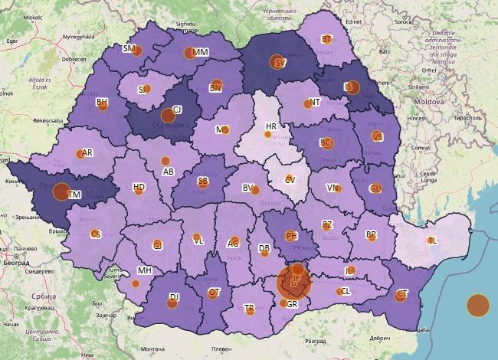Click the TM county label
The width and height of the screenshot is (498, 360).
(75, 195)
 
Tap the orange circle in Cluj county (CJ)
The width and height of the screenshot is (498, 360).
(168, 116)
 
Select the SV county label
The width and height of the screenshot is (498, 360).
(280, 63)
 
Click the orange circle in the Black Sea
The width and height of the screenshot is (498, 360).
(477, 305)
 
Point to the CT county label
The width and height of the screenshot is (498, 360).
(402, 295)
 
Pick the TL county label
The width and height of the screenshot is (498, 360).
(434, 241)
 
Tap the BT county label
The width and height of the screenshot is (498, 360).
(326, 39)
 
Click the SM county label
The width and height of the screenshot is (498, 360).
(128, 48)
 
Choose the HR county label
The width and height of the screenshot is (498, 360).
(271, 126)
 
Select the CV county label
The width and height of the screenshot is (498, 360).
(290, 179)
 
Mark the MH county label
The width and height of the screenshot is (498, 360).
(144, 270)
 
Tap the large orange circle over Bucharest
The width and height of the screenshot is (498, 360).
(294, 282)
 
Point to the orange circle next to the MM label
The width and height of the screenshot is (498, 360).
(189, 54)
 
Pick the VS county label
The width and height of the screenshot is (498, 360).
(377, 136)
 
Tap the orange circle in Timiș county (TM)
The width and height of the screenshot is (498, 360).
(61, 191)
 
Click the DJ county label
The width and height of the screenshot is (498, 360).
(174, 296)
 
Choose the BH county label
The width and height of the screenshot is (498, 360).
(101, 102)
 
